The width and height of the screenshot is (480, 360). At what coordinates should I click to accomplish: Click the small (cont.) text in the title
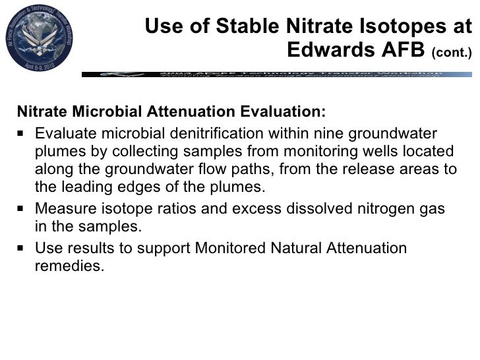pyautogui.click(x=452, y=52)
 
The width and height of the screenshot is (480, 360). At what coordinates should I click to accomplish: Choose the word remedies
pyautogui.click(x=69, y=267)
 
